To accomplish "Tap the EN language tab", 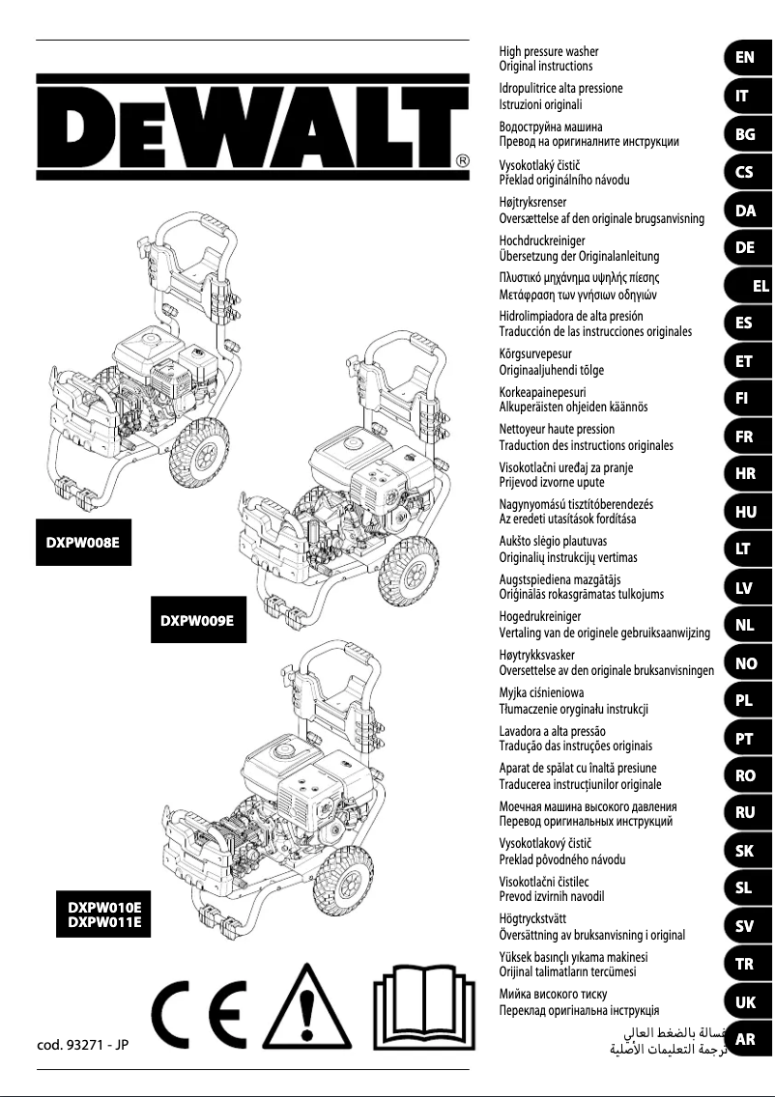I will click(744, 57).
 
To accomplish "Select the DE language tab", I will click(744, 247).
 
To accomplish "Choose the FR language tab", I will click(744, 436).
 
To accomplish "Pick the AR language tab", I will click(744, 1040).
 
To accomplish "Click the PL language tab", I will click(744, 701).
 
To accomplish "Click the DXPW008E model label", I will click(83, 543).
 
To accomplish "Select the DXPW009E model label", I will click(197, 621).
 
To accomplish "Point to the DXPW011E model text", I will click(104, 922).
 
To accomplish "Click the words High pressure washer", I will click(548, 50).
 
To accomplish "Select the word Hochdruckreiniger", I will click(542, 239).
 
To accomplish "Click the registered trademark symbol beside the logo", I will click(463, 160).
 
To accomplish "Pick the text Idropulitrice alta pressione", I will click(560, 88).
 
